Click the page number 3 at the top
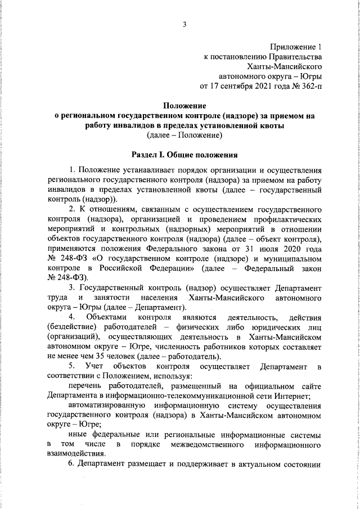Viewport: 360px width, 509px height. pos(184,25)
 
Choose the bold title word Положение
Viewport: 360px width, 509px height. pos(184,106)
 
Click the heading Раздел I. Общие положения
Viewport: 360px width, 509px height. pos(184,154)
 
